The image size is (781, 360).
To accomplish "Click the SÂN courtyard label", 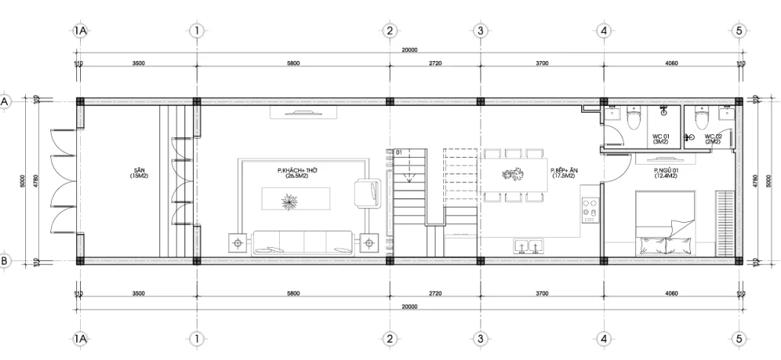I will click(138, 171).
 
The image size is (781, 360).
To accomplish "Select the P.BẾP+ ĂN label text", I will click(564, 171).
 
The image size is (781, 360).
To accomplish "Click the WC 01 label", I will click(660, 137).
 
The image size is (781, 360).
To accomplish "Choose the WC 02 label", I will click(713, 137).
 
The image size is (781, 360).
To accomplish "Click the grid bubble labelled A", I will click(5, 101).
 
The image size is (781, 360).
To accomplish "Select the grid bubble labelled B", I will click(5, 261).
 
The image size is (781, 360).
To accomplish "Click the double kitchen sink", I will click(529, 246).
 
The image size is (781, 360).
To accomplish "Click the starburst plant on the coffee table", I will click(291, 201).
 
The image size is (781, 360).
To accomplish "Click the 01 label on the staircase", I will click(398, 153).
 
